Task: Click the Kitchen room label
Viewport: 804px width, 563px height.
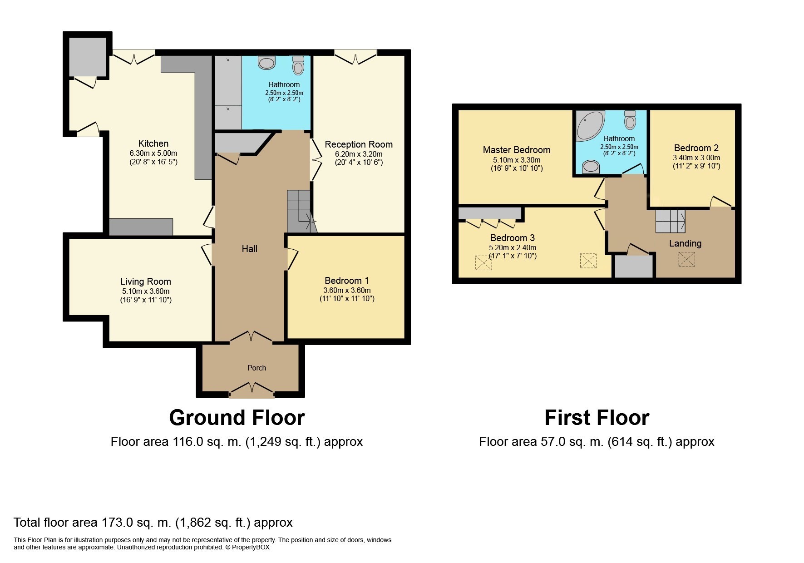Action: (153, 143)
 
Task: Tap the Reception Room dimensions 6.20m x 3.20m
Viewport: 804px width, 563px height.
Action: (359, 154)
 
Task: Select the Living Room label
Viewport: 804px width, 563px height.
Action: (145, 281)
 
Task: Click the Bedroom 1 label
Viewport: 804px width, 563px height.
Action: (346, 281)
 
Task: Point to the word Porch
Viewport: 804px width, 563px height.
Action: (256, 368)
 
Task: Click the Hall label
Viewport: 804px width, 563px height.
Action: (249, 249)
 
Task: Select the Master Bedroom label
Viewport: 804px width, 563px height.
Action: (516, 150)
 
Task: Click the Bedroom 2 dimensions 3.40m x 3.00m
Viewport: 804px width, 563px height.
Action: (696, 158)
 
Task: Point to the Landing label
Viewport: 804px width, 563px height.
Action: (685, 243)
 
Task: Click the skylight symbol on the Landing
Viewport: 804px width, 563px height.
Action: (686, 259)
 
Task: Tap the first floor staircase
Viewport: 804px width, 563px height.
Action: (670, 221)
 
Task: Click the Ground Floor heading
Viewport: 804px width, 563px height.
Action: (237, 418)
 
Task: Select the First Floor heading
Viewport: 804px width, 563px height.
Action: (597, 418)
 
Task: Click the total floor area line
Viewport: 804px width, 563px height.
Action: (153, 522)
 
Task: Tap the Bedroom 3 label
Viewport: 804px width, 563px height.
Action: (512, 238)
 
